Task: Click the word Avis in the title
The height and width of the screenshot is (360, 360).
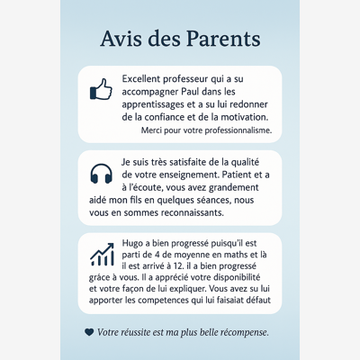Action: pos(125,40)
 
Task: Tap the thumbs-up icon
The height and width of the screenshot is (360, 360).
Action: pos(101,89)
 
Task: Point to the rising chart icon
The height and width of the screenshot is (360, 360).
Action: pos(102,254)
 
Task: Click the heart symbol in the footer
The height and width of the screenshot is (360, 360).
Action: pos(88,332)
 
